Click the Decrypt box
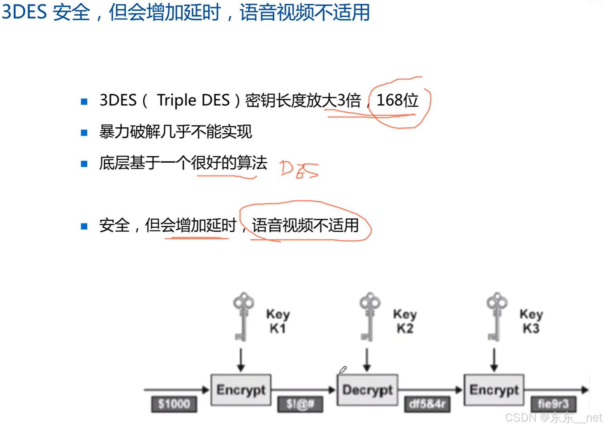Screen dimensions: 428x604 (x=367, y=389)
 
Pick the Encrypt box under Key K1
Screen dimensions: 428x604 (x=241, y=389)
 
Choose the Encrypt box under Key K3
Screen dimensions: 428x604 (x=494, y=389)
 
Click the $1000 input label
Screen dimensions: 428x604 (x=174, y=404)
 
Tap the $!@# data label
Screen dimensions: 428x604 (x=300, y=404)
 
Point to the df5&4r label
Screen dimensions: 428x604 (x=427, y=404)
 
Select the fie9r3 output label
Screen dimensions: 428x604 (x=553, y=404)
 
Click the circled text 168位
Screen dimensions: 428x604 (x=398, y=100)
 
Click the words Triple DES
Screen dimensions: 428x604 (x=193, y=100)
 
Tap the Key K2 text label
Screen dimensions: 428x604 (x=405, y=321)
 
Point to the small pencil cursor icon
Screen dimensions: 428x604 (x=343, y=370)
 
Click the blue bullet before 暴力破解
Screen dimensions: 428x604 (x=84, y=132)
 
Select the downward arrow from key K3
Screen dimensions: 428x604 (x=494, y=360)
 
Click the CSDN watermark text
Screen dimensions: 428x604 (x=553, y=418)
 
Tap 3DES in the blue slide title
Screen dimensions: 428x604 (x=24, y=12)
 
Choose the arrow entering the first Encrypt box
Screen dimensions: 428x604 (x=177, y=389)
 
